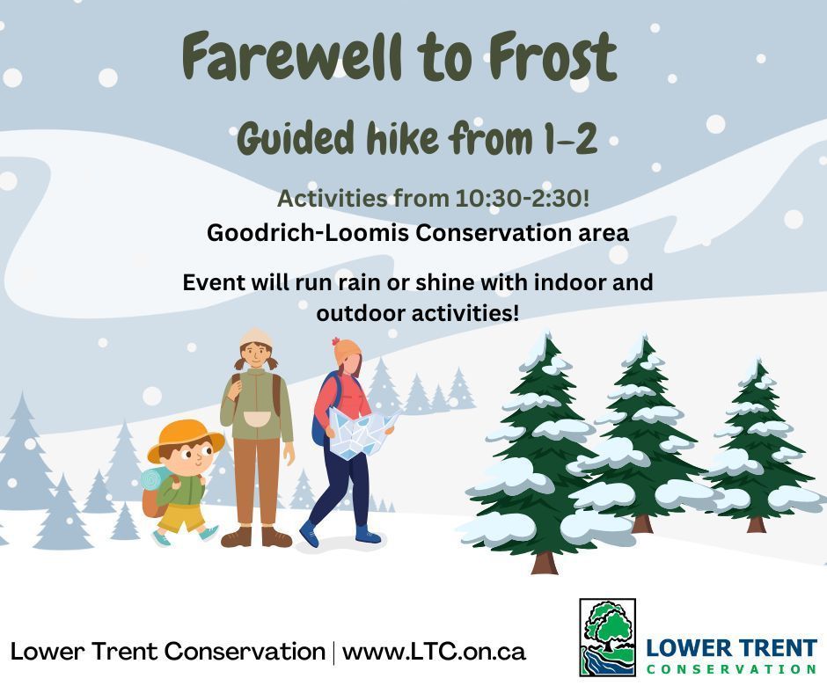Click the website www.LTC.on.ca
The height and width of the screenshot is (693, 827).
[434, 652]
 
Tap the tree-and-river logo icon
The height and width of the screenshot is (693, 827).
[607, 638]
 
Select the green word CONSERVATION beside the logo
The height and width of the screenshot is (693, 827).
[731, 669]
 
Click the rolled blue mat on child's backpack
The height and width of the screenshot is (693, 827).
[152, 479]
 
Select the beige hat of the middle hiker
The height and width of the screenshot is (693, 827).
[255, 337]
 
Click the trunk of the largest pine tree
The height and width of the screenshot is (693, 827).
[544, 559]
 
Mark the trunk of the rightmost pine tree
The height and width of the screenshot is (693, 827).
[756, 522]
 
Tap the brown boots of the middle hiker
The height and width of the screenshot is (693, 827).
[255, 536]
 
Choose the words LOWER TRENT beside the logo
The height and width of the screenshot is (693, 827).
[731, 649]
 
